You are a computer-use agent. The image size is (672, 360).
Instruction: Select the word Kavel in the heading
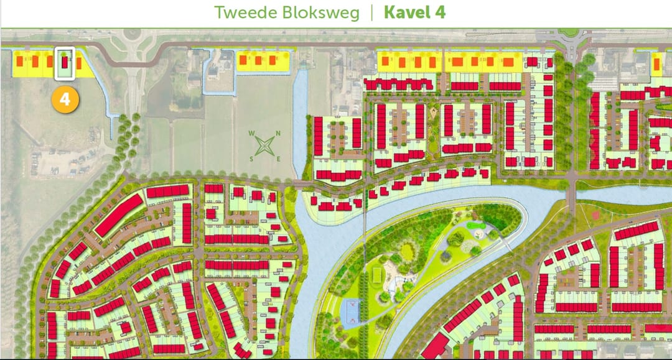[407, 12]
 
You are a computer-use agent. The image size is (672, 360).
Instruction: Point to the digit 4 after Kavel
[441, 12]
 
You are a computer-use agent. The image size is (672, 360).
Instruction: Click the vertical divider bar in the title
[371, 12]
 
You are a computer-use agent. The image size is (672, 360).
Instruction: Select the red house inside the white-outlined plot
[65, 62]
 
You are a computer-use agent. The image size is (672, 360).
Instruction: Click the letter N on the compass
[278, 133]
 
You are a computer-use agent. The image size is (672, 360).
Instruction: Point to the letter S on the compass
[252, 159]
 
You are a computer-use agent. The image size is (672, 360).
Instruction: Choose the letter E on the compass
[278, 159]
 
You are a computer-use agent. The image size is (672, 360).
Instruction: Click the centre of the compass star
[265, 146]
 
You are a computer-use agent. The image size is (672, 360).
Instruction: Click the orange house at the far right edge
[658, 62]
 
